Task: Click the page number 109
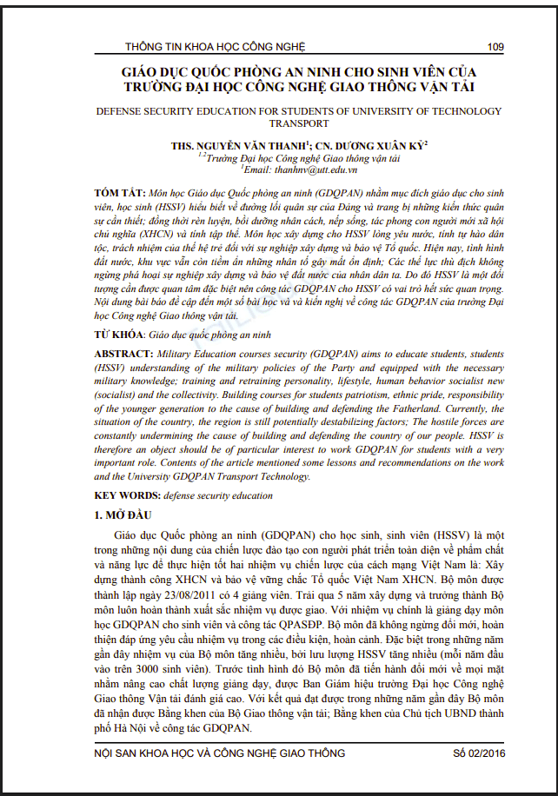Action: tap(496, 46)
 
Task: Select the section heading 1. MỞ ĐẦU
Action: tap(123, 515)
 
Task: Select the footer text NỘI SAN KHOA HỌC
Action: tap(152, 753)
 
